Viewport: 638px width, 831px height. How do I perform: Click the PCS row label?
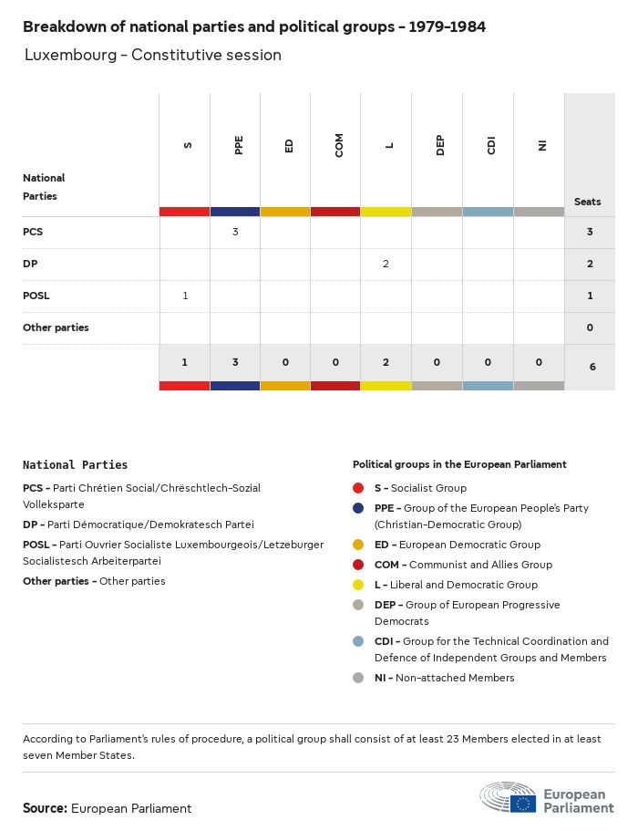[33, 232]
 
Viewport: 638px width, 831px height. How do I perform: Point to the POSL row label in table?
[36, 296]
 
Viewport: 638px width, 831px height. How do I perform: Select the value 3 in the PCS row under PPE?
[235, 232]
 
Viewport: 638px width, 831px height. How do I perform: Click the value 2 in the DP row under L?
[386, 264]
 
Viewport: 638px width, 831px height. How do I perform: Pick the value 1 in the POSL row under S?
[185, 296]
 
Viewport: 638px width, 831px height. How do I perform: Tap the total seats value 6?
[590, 367]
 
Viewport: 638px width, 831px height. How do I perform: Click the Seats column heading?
[588, 202]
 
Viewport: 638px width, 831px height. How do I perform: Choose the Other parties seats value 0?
[590, 327]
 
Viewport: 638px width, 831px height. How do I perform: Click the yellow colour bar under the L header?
[386, 212]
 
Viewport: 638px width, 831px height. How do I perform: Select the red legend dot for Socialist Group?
[359, 488]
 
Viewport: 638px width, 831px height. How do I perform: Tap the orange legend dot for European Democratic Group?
[359, 545]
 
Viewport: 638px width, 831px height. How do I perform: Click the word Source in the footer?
[45, 808]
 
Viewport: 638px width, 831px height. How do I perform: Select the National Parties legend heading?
[75, 465]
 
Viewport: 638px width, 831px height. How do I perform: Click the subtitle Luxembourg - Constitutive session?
[153, 55]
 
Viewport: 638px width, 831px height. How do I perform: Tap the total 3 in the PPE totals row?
[235, 362]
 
